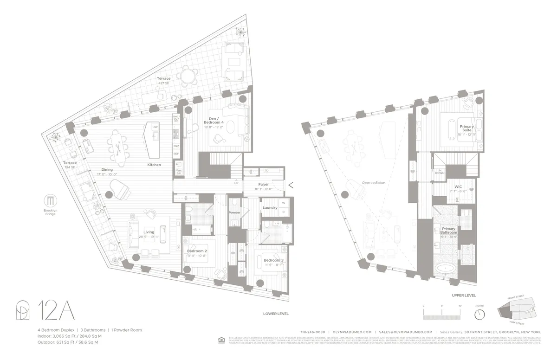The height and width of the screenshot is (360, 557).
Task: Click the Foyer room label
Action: (264, 184)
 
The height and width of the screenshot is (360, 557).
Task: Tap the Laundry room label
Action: (270, 207)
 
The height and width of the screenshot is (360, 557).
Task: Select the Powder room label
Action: (234, 212)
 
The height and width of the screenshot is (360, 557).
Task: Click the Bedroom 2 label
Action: (197, 251)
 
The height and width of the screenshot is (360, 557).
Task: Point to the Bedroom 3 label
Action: (273, 260)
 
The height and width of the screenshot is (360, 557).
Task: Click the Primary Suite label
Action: (466, 129)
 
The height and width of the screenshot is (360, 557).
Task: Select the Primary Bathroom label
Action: (449, 231)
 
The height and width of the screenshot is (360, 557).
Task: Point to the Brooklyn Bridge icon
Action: (51, 201)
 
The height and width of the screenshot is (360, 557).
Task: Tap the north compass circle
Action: (479, 314)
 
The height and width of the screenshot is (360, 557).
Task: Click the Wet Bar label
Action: (179, 172)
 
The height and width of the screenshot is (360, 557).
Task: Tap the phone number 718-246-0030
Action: (312, 332)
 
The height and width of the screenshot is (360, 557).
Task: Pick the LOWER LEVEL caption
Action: (276, 314)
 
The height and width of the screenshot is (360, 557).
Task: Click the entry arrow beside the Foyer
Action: (291, 185)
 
